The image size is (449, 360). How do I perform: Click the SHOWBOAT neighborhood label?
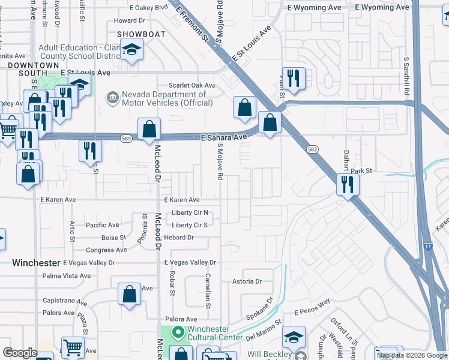pos(140,34)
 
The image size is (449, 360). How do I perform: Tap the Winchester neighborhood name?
pos(37,263)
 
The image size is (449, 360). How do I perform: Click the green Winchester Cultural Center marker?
pos(178,332)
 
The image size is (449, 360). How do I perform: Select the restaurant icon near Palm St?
pos(294,79)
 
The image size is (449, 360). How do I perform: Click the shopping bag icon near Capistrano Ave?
pos(130,294)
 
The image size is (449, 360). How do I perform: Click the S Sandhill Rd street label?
pos(406,77)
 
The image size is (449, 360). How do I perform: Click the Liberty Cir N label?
pos(190,212)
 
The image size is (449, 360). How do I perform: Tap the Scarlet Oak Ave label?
pos(191,85)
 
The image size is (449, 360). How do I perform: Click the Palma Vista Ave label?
pos(66,276)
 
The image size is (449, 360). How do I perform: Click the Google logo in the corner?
pos(20,353)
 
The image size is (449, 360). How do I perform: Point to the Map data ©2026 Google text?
pos(412,355)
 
